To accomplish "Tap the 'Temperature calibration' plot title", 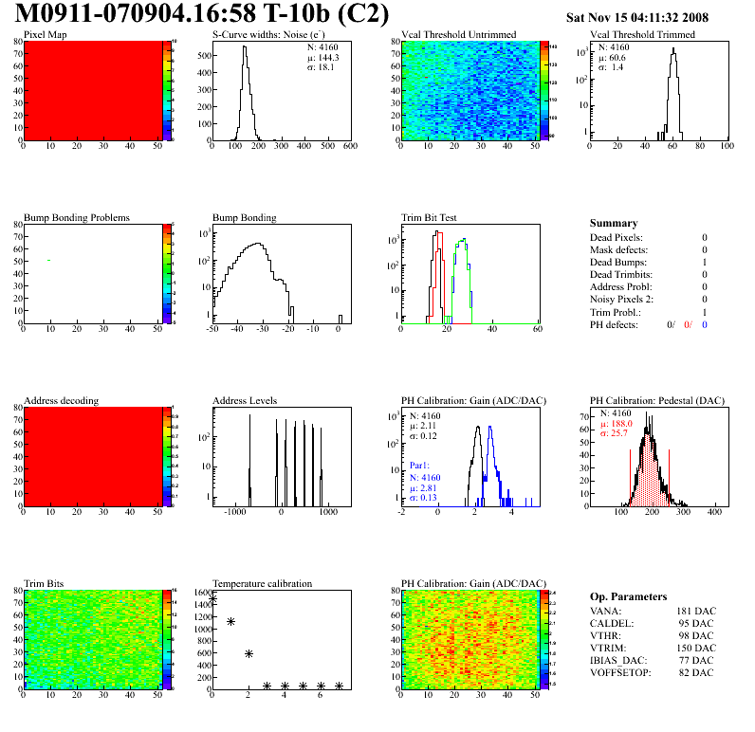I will (x=262, y=583).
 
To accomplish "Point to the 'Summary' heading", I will (x=613, y=223).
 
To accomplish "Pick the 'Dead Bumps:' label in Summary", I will (x=619, y=262).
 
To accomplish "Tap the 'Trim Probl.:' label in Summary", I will (x=616, y=311).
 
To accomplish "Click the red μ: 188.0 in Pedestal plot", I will (x=616, y=425).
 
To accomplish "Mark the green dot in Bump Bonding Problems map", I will (x=48, y=260).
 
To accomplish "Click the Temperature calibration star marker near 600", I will (x=249, y=653).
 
